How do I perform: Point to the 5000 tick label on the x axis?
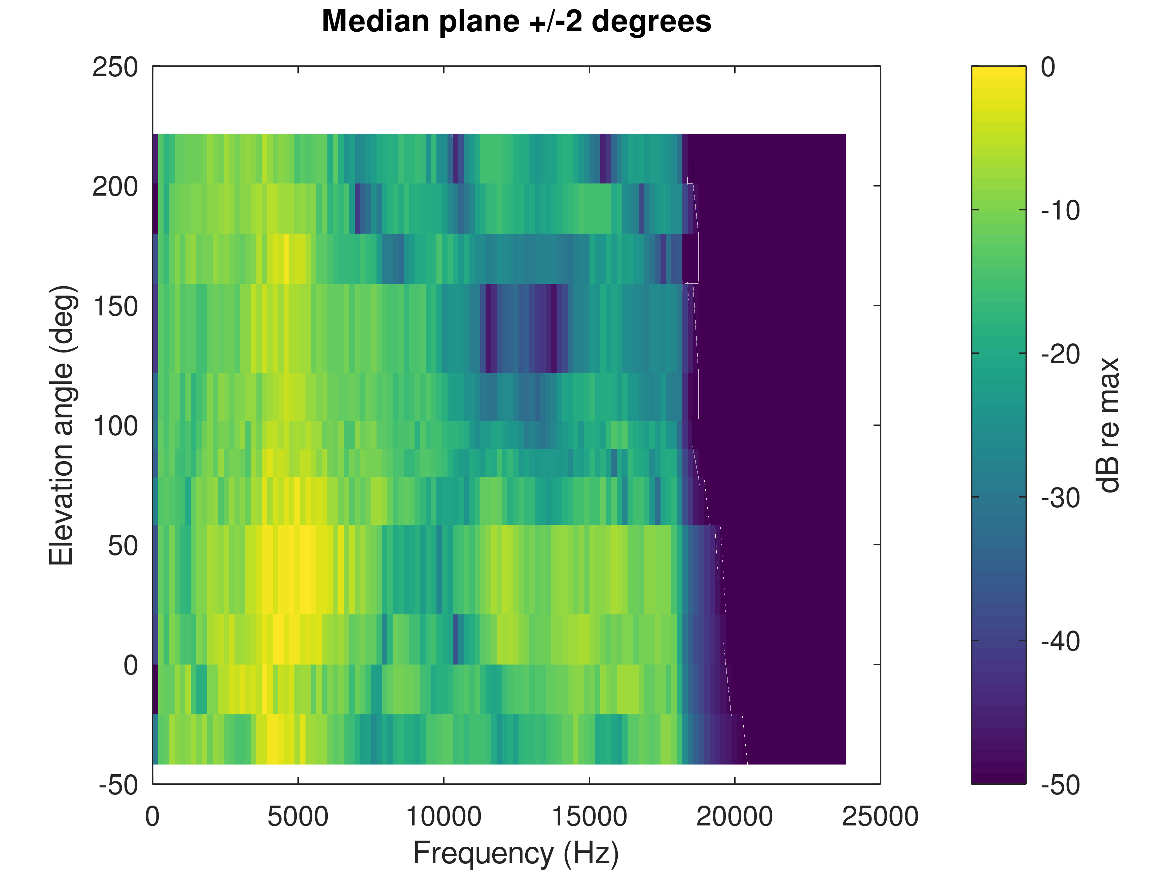click(298, 817)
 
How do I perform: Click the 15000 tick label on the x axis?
click(589, 817)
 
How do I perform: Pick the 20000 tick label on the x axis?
click(735, 817)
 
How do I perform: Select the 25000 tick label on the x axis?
click(880, 817)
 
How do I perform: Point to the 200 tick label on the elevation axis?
click(115, 187)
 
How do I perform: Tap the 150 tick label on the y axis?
click(115, 306)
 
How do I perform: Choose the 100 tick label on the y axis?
click(115, 426)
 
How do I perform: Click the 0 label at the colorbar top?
click(1048, 67)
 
